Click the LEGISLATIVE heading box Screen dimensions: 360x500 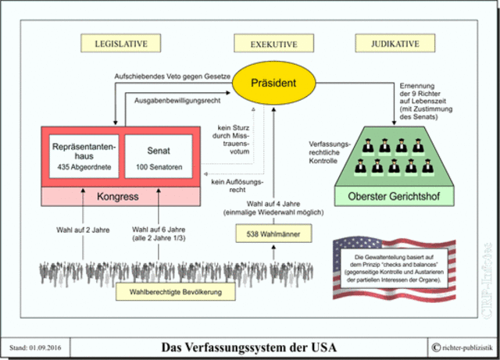116,43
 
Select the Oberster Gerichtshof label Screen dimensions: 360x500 391,193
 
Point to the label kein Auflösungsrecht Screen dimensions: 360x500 234,187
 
